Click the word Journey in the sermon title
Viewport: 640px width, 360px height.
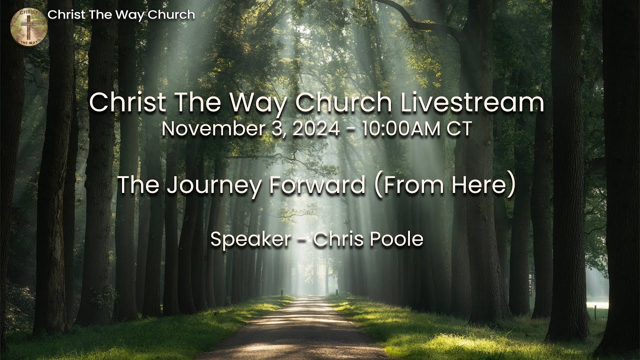pyautogui.click(x=213, y=185)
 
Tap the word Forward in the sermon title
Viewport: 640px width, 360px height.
pyautogui.click(x=316, y=185)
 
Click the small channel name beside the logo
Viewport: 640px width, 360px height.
pyautogui.click(x=121, y=15)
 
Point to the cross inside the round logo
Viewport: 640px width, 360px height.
pyautogui.click(x=28, y=25)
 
